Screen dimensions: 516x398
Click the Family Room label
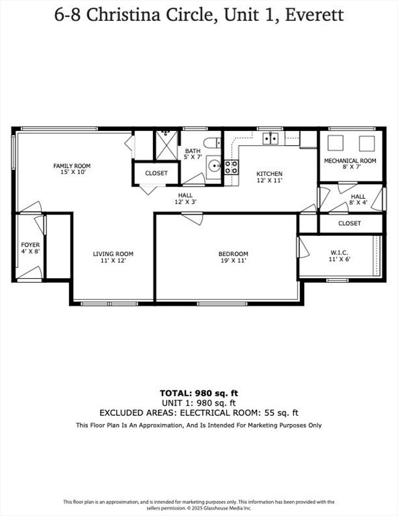(x=72, y=169)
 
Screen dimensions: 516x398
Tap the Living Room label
(x=113, y=257)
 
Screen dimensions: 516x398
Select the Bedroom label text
(x=233, y=257)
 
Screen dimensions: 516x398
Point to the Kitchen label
(x=269, y=177)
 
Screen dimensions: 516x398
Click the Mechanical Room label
(x=350, y=164)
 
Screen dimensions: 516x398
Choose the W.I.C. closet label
(x=340, y=256)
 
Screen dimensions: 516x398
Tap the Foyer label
(x=30, y=248)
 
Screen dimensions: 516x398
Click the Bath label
(x=193, y=154)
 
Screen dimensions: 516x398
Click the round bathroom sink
(x=213, y=165)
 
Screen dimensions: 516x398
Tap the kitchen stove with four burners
(x=231, y=167)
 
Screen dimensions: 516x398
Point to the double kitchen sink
(x=270, y=138)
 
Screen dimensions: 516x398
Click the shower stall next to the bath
(x=164, y=143)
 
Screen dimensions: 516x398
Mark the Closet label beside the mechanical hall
(x=349, y=223)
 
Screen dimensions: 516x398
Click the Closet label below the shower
(x=156, y=173)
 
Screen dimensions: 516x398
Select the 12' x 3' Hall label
(x=185, y=198)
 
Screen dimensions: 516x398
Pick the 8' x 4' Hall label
(x=358, y=200)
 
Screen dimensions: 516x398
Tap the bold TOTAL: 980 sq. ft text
(x=199, y=393)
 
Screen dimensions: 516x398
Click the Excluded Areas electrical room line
(x=199, y=413)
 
